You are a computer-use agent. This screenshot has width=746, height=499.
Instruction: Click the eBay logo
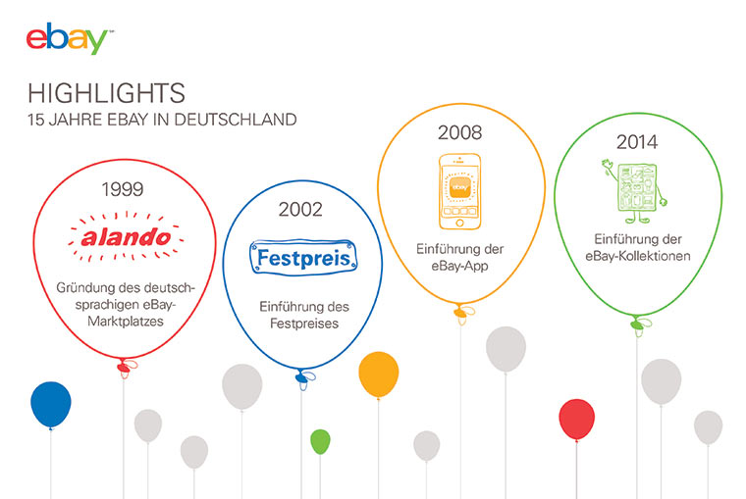click(x=67, y=39)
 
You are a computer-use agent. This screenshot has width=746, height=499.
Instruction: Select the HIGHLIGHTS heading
click(x=106, y=93)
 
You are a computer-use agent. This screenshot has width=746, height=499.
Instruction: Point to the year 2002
click(x=299, y=208)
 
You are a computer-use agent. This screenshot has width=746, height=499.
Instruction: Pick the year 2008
click(x=459, y=132)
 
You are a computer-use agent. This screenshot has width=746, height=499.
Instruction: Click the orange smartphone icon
click(x=459, y=187)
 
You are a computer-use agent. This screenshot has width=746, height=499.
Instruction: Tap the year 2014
click(x=636, y=142)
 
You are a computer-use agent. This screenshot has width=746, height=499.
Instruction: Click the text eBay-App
click(x=459, y=266)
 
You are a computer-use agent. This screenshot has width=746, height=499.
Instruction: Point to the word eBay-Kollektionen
click(x=636, y=256)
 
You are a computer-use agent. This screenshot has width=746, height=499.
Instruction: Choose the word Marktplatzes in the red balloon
click(x=123, y=321)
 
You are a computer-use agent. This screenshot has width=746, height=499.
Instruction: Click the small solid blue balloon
click(x=51, y=404)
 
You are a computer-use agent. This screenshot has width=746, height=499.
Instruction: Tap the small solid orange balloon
click(x=378, y=374)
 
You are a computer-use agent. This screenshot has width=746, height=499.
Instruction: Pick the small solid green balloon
click(x=320, y=441)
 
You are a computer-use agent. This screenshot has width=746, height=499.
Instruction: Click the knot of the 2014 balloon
click(x=638, y=321)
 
